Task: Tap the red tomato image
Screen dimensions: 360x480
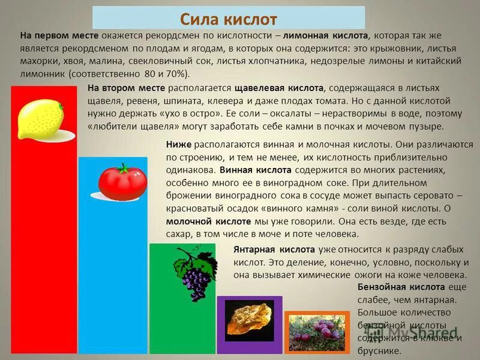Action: point(122,181)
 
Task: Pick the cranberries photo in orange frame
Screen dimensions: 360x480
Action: point(316,331)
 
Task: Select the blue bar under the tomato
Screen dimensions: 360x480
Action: point(113,270)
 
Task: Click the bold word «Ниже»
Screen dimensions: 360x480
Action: point(179,145)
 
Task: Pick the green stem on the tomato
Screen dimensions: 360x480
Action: point(124,168)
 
